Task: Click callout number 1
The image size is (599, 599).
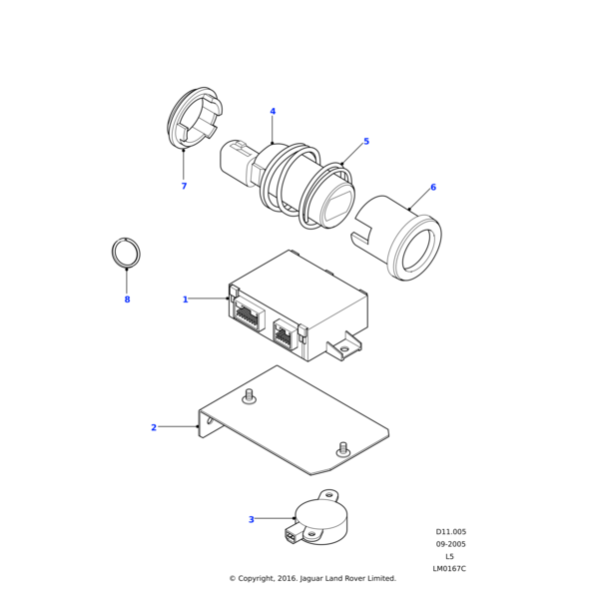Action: click(x=185, y=299)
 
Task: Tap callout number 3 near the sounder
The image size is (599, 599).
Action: click(x=251, y=519)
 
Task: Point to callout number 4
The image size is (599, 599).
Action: click(x=273, y=112)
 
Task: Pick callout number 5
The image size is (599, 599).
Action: click(x=366, y=142)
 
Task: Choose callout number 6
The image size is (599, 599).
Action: click(x=432, y=188)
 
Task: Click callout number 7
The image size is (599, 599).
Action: click(x=184, y=187)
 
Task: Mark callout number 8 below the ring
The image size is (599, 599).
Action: click(x=127, y=299)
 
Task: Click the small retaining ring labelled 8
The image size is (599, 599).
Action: click(x=126, y=253)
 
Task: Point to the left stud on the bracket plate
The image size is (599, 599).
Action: click(x=250, y=396)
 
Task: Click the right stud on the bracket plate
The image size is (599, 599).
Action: click(x=343, y=447)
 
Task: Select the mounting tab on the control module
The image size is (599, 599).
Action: click(x=345, y=346)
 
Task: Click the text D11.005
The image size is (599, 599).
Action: click(x=450, y=532)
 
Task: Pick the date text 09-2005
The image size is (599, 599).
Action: click(x=450, y=544)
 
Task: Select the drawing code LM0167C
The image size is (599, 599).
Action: click(x=449, y=568)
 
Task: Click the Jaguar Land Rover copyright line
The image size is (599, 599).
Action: click(x=312, y=578)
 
